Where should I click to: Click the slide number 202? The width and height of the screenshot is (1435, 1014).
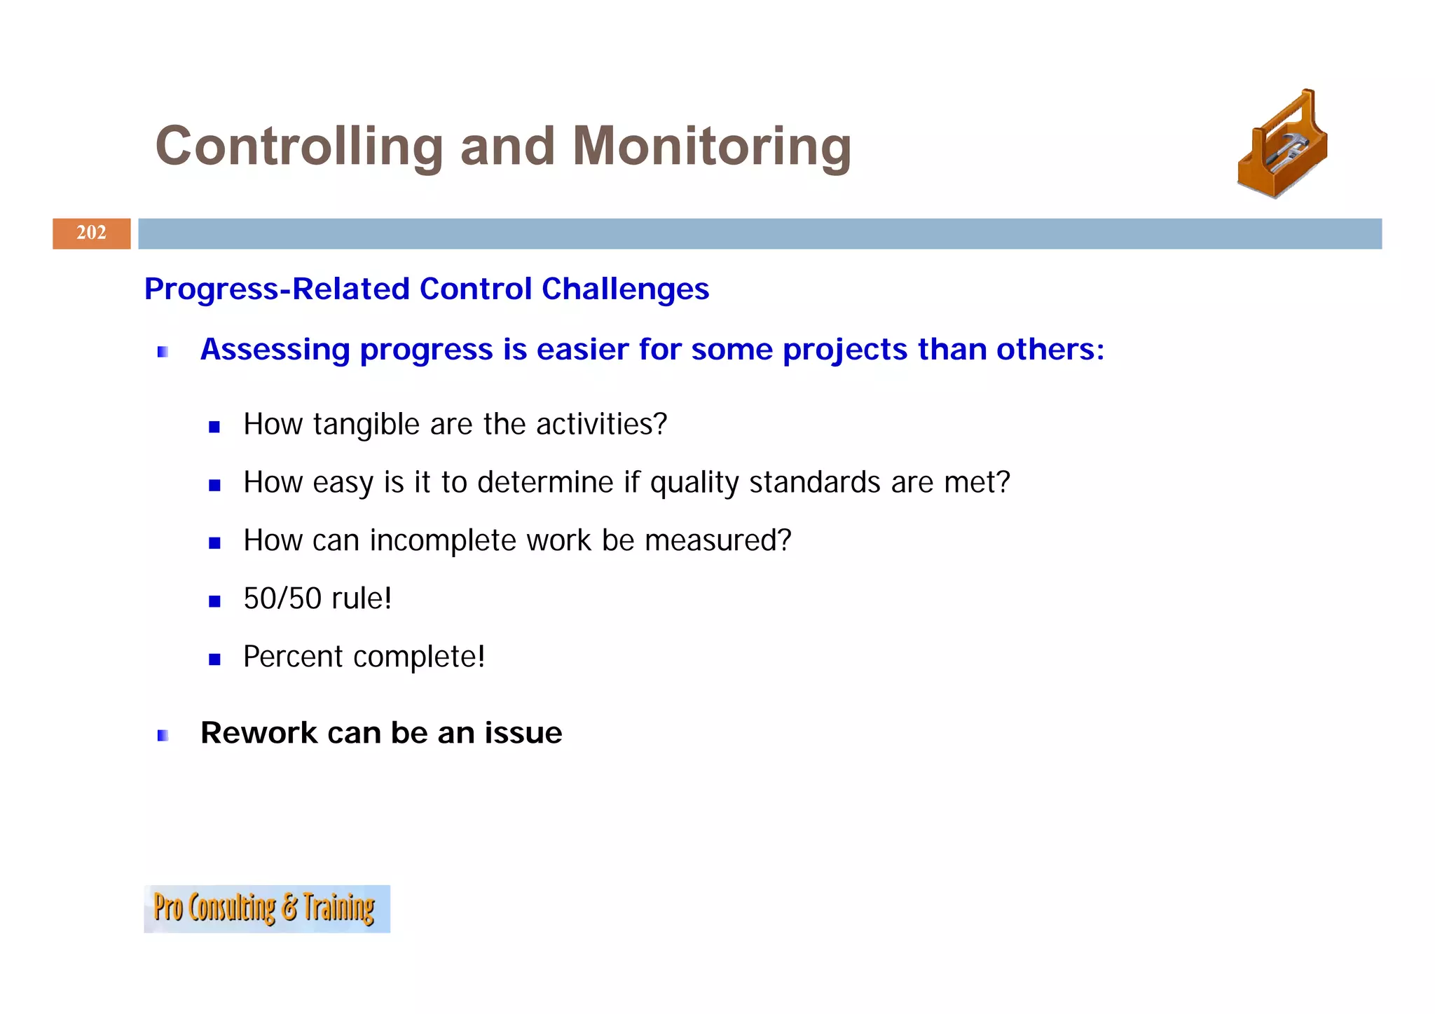[91, 233]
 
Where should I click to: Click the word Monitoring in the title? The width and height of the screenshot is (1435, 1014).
[711, 146]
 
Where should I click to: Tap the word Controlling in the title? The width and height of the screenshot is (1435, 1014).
[299, 146]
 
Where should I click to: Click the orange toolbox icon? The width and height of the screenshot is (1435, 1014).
[1282, 144]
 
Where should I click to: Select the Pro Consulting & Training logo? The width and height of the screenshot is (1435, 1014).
[266, 908]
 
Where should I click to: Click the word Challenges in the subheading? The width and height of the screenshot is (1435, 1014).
[625, 289]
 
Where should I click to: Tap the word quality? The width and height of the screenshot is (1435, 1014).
[694, 483]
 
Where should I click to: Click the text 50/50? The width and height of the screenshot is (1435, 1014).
[282, 599]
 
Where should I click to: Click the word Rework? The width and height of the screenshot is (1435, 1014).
[259, 733]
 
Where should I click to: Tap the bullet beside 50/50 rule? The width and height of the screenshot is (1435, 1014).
[214, 601]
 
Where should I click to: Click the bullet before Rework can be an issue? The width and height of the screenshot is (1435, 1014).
[163, 735]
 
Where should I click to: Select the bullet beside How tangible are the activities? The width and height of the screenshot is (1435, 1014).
[214, 427]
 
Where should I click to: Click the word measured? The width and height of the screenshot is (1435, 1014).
[717, 541]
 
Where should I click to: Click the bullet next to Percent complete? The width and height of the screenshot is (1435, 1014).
[214, 659]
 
